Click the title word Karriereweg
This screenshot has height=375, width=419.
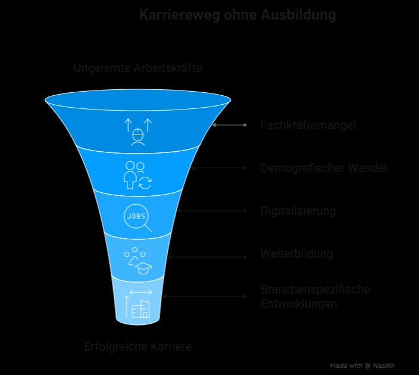tap(180, 15)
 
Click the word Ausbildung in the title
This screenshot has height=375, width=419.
tap(299, 15)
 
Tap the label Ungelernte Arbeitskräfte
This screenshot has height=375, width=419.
tap(137, 68)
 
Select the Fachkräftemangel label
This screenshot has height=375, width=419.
tap(308, 125)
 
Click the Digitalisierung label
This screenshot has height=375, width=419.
tap(298, 211)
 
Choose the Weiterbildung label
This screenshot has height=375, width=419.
tap(297, 254)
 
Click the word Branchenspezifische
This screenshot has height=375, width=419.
tap(315, 289)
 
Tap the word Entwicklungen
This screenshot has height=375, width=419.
tap(299, 304)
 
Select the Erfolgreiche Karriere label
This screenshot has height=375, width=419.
tap(138, 346)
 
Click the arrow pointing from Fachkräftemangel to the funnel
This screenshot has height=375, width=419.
tap(229, 125)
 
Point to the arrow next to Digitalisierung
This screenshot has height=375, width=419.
tap(212, 211)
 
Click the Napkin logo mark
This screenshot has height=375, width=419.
tap(368, 366)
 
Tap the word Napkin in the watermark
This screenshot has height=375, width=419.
tap(384, 365)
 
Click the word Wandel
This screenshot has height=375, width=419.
tap(367, 168)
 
